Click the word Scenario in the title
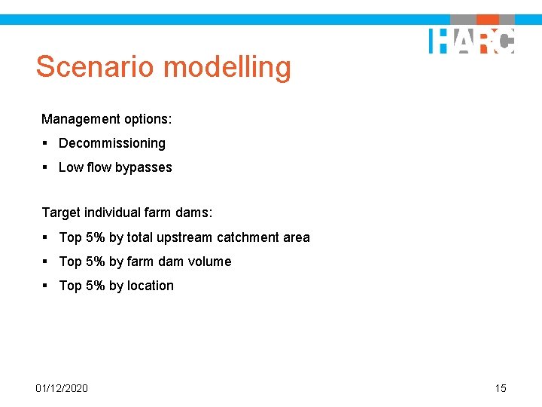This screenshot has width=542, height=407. (95, 67)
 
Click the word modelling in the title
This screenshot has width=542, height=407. (227, 67)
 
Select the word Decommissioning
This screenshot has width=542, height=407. (112, 143)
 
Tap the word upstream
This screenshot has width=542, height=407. (184, 237)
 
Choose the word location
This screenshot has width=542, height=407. (150, 286)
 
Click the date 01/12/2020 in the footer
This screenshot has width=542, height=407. (62, 388)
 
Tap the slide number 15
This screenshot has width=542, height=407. (501, 388)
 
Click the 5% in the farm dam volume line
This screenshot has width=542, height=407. (96, 262)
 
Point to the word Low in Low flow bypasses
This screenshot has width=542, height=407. (70, 167)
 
